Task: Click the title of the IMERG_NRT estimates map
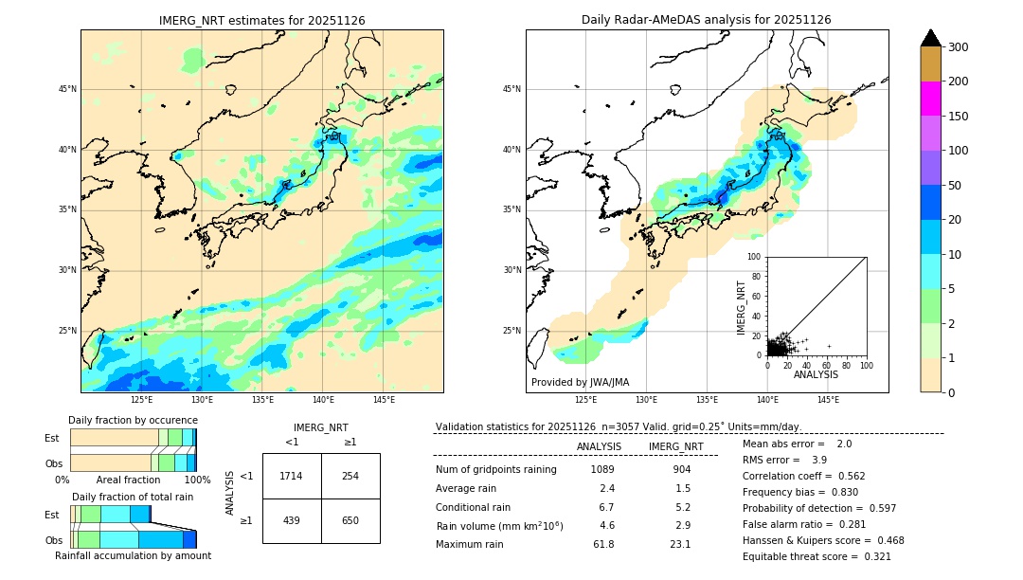pos(261,20)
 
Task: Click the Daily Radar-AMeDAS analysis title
pos(707,20)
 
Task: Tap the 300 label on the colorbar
pos(959,47)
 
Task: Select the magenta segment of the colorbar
pos(931,99)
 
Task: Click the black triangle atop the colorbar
pos(931,38)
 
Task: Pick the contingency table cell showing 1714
pos(292,476)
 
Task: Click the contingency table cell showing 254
pos(350,476)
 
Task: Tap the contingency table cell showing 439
pos(292,520)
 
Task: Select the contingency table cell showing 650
pos(350,520)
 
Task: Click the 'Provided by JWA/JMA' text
pos(580,383)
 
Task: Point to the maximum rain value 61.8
pos(602,544)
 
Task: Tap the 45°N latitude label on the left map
pos(67,89)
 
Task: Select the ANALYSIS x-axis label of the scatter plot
pos(816,374)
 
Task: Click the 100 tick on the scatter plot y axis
pos(755,257)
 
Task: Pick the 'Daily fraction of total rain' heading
pos(133,497)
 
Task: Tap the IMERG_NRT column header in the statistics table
pos(675,446)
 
